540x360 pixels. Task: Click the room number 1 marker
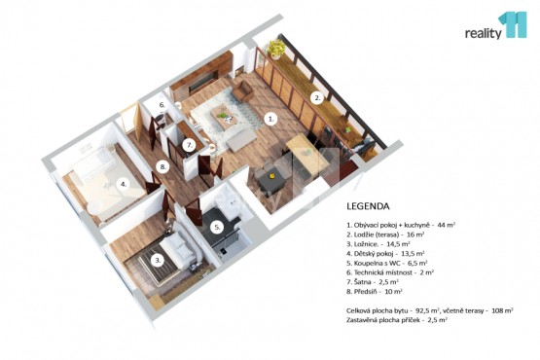[271, 120]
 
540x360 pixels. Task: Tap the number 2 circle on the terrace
[317, 98]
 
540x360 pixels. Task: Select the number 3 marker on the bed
[158, 261]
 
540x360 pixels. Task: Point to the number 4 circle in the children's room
[124, 184]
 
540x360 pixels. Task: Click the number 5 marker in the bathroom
[217, 228]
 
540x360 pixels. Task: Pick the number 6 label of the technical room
[162, 105]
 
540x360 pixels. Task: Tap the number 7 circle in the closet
[189, 146]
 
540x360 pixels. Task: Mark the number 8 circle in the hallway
[162, 167]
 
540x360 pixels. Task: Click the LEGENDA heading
[368, 206]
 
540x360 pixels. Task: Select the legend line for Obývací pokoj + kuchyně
[401, 226]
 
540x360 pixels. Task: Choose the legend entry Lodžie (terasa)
[385, 234]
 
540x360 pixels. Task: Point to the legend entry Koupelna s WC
[386, 264]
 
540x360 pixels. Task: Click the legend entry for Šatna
[373, 282]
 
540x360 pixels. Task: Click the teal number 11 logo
[512, 24]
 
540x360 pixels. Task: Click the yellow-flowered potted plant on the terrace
[276, 49]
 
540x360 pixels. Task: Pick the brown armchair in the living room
[243, 90]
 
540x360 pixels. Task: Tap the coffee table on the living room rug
[224, 117]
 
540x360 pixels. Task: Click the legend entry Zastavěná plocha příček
[397, 320]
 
